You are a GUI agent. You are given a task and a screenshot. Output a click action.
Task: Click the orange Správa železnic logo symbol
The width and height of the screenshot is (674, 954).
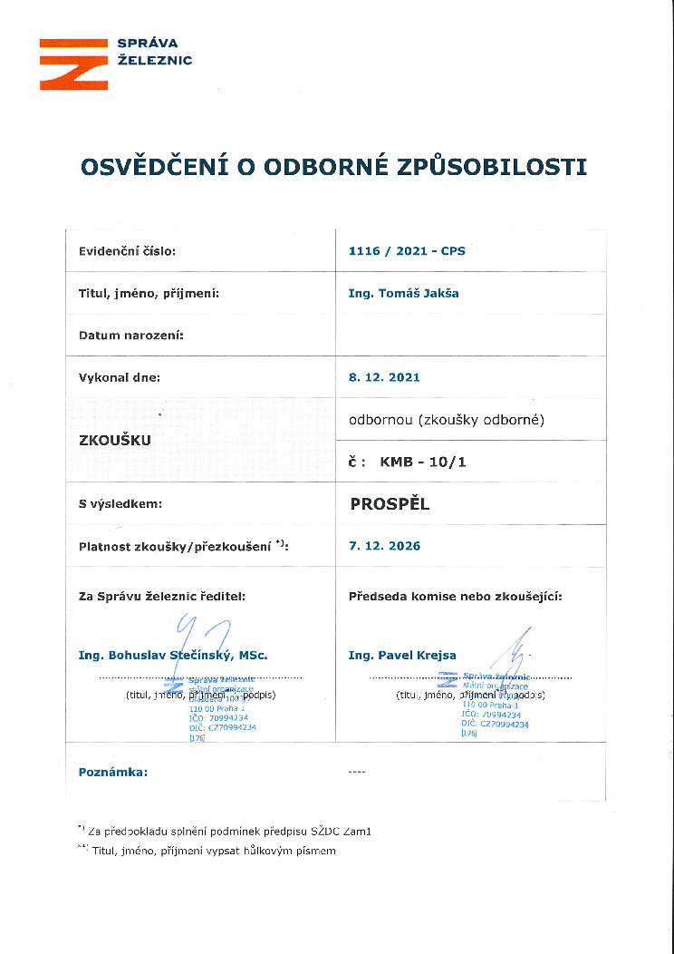pyautogui.click(x=72, y=63)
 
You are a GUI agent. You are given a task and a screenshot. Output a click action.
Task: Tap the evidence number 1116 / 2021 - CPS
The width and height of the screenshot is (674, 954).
pyautogui.click(x=407, y=251)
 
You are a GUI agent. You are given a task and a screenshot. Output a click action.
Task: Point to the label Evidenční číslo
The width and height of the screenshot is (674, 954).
pyautogui.click(x=127, y=251)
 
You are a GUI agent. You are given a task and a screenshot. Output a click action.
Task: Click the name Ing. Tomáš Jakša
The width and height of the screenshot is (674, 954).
pyautogui.click(x=403, y=294)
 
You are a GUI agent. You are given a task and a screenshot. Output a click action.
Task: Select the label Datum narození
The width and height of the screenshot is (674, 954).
pyautogui.click(x=131, y=336)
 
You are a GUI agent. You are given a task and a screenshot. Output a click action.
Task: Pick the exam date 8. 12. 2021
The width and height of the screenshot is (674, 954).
pyautogui.click(x=384, y=377)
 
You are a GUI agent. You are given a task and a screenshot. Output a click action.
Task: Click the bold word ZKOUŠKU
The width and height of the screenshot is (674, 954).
pyautogui.click(x=116, y=441)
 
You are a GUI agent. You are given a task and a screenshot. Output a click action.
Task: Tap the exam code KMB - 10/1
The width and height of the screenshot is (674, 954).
pyautogui.click(x=423, y=462)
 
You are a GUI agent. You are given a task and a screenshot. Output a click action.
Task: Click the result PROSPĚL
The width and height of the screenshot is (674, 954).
pyautogui.click(x=390, y=504)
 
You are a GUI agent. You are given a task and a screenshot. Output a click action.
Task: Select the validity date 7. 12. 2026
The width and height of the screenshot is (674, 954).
pyautogui.click(x=384, y=546)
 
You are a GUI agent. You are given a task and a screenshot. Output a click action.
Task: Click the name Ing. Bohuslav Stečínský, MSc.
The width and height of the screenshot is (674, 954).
pyautogui.click(x=173, y=655)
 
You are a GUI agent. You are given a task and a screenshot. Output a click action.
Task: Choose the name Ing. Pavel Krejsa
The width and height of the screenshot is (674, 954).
pyautogui.click(x=402, y=655)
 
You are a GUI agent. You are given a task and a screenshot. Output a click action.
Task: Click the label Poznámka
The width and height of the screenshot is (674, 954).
pyautogui.click(x=113, y=772)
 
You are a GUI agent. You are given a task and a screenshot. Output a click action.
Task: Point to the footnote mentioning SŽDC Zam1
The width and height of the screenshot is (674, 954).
pyautogui.click(x=230, y=830)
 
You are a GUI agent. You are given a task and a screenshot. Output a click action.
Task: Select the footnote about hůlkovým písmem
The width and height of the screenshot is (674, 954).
pyautogui.click(x=212, y=851)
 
